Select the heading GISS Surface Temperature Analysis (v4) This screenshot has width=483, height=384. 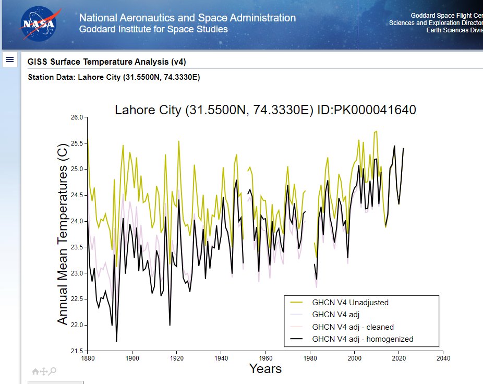(106, 62)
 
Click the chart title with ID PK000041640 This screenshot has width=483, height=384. (265, 110)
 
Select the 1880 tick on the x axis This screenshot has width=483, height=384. (88, 358)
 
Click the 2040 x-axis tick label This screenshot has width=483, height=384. (443, 358)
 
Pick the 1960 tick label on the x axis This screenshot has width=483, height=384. (265, 358)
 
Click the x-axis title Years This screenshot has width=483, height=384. (265, 369)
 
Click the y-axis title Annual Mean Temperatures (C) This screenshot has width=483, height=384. (63, 234)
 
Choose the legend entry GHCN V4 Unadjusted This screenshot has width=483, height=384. (350, 302)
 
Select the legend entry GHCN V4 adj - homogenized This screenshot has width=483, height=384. (363, 339)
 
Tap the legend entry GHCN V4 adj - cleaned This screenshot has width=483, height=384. (353, 327)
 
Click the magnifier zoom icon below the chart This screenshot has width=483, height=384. (53, 371)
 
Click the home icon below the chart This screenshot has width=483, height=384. (35, 371)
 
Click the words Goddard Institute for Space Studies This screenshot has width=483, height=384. (153, 29)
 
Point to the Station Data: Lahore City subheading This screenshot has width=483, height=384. (114, 77)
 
